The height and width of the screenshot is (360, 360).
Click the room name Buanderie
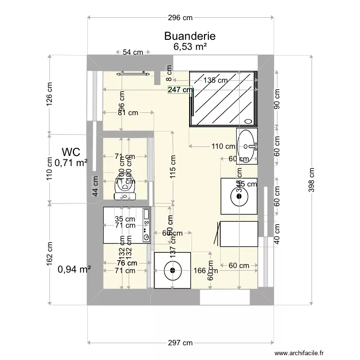190,36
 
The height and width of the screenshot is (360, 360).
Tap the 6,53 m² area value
190,47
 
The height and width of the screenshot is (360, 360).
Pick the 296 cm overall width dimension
180,18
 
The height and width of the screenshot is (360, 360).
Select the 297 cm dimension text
180,343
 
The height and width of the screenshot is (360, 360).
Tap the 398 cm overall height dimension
312,180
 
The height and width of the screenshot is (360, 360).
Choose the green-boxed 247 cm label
180,89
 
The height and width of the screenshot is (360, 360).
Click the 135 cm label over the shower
216,80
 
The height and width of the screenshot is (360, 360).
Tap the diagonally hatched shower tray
223,98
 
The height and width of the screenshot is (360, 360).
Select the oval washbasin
248,145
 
